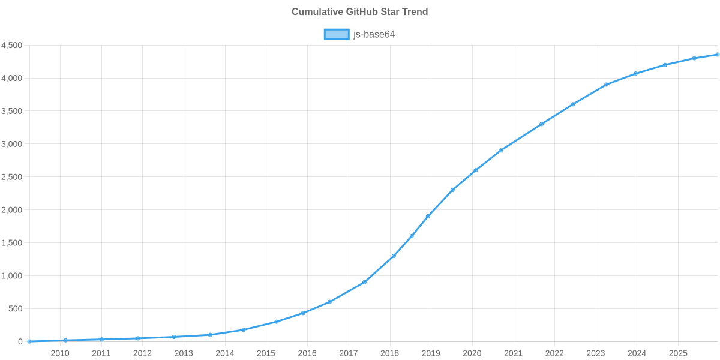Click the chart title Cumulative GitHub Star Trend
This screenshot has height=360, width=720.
(x=359, y=12)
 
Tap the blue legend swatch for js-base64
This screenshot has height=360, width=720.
(x=336, y=34)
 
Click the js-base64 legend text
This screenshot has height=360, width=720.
(x=374, y=34)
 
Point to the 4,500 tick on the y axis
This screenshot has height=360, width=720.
(x=12, y=46)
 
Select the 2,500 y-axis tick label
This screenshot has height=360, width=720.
(x=12, y=177)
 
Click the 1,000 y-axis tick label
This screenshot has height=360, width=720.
(x=12, y=276)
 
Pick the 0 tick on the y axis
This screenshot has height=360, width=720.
(x=20, y=341)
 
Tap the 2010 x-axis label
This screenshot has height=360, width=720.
(x=60, y=353)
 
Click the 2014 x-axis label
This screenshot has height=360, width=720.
(x=224, y=353)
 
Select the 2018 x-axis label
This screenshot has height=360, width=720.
(x=389, y=353)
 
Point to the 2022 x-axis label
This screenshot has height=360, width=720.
(x=554, y=353)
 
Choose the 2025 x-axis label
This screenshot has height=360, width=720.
(x=677, y=353)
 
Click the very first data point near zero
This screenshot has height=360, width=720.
(x=29, y=341)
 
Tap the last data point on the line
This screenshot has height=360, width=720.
(x=717, y=55)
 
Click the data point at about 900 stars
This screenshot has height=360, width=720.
(x=364, y=282)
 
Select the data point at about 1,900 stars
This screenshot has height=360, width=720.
(x=428, y=217)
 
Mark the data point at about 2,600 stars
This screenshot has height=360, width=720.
(x=476, y=170)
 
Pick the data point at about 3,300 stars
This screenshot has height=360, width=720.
(x=541, y=124)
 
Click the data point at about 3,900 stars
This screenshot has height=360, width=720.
(x=607, y=85)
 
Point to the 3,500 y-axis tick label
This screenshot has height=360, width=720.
(x=12, y=112)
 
